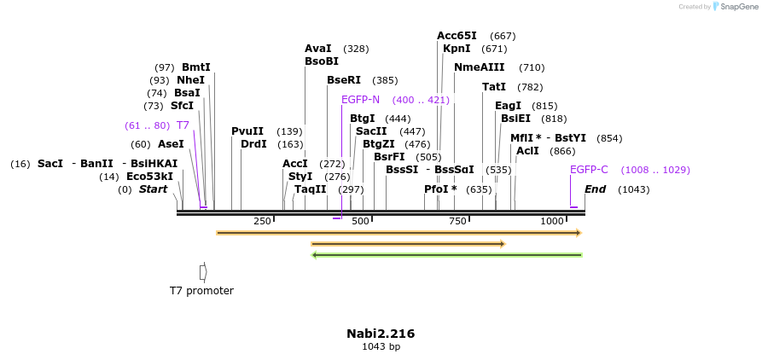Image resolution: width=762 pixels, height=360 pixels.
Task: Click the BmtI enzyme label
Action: coord(195,67)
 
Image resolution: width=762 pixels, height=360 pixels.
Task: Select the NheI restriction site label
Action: coord(190,80)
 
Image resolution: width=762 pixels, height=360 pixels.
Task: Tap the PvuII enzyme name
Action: coord(247,131)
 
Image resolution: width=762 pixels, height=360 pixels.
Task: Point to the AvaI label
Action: coord(317,49)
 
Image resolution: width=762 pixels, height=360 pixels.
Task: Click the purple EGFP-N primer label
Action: coord(360,100)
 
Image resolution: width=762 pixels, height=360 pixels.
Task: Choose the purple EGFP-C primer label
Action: coord(589,170)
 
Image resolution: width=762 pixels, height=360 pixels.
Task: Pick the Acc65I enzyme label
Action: coord(457,36)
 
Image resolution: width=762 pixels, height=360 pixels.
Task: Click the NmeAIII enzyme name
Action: coord(479,67)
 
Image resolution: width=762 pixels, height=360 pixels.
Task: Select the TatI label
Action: coord(494,87)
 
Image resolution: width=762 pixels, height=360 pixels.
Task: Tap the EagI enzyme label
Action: coord(508,106)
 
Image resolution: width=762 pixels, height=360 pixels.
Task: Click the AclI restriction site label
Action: coord(527,151)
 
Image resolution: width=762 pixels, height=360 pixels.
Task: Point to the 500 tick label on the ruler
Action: coord(360,222)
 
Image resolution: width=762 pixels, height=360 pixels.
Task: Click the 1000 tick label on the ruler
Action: coord(552,222)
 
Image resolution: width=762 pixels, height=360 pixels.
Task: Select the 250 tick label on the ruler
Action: coord(262,222)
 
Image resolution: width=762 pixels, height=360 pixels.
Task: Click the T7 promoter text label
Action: coord(201,291)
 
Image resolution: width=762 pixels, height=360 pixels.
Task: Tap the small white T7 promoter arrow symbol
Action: coord(203,271)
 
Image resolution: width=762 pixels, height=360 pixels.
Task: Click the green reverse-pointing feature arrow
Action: coord(447,254)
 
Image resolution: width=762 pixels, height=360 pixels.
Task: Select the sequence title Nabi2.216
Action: coord(381,334)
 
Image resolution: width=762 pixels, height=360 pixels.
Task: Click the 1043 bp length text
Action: coord(381,346)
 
